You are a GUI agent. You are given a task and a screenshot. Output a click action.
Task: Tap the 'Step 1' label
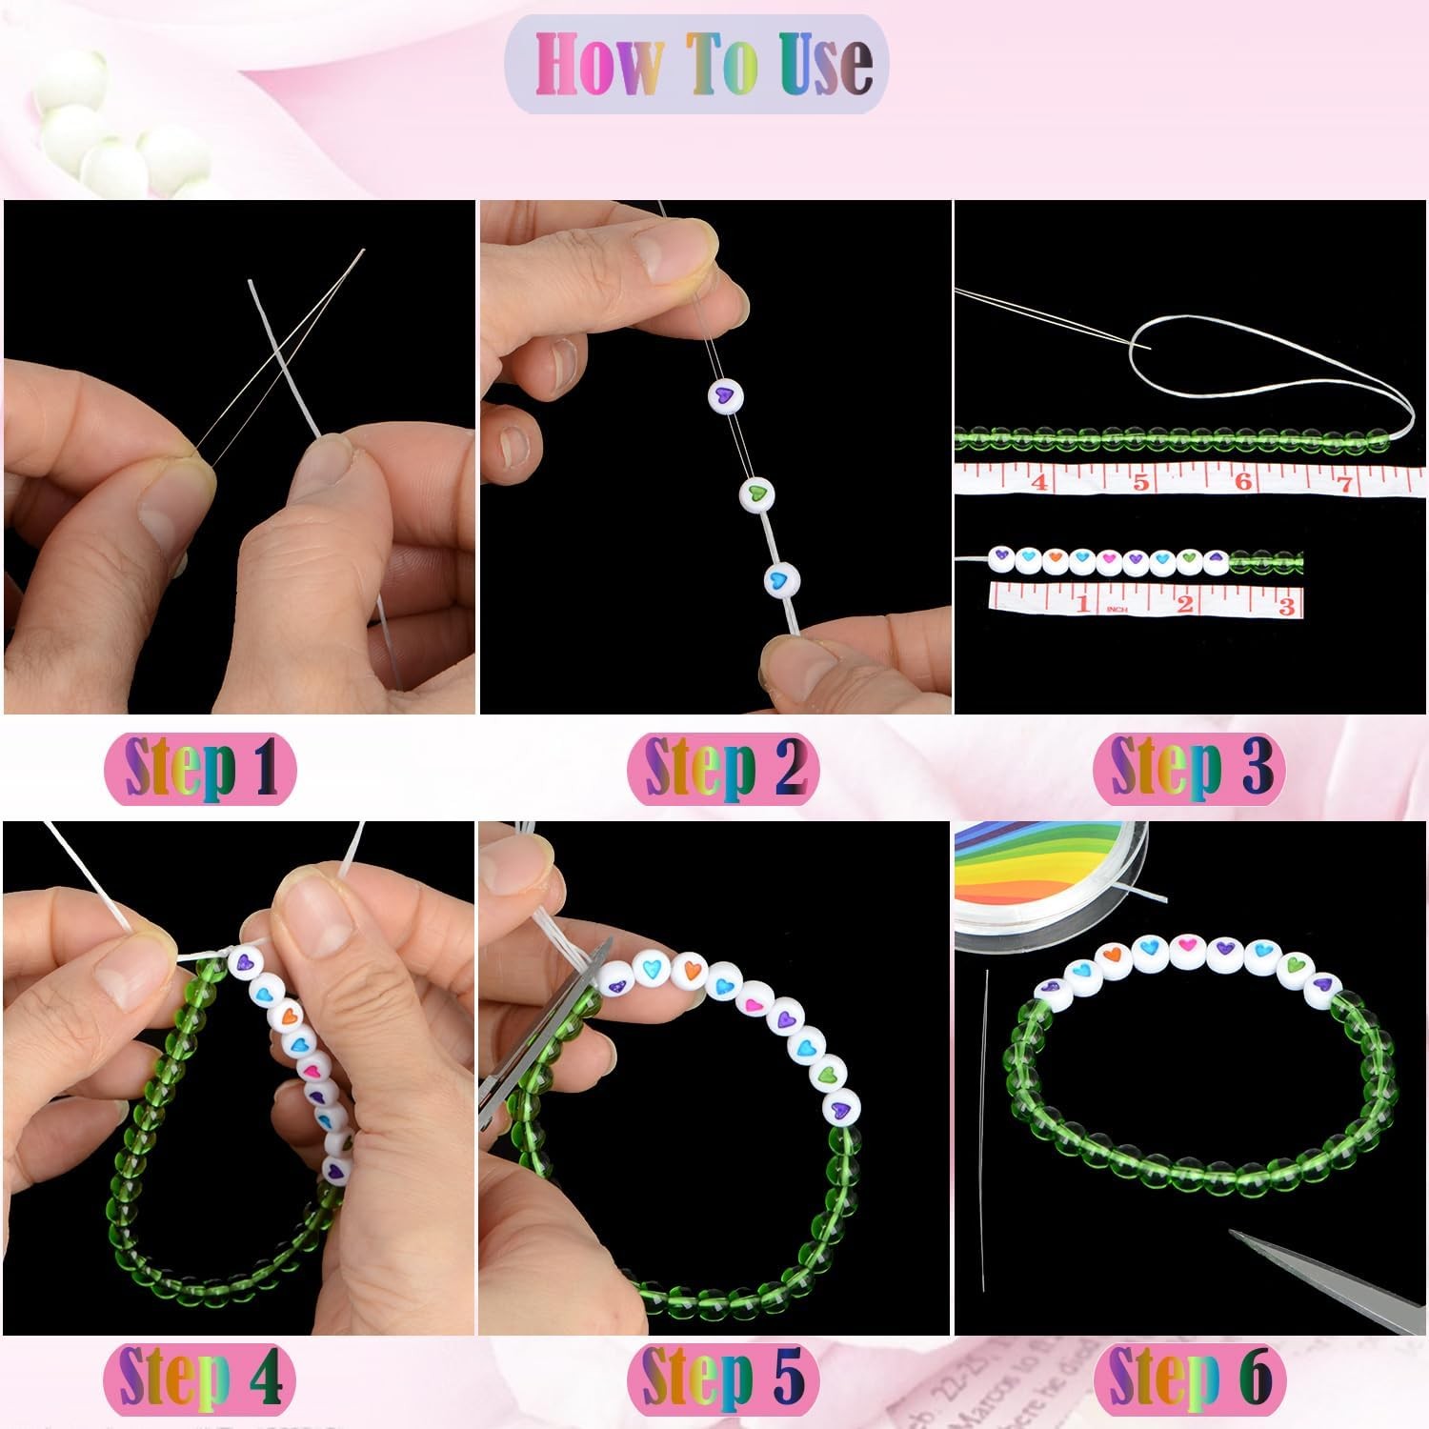pyautogui.click(x=200, y=768)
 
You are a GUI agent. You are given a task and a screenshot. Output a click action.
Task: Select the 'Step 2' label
pyautogui.click(x=724, y=768)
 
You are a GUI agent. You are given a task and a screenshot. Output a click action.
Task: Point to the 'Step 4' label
pyautogui.click(x=200, y=1378)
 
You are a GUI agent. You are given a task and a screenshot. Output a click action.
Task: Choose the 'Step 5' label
pyautogui.click(x=724, y=1378)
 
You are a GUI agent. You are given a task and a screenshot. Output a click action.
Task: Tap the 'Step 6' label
pyautogui.click(x=1190, y=1378)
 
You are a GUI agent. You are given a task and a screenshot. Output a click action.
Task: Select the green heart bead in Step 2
pyautogui.click(x=757, y=493)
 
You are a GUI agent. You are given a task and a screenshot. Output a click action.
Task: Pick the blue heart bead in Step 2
pyautogui.click(x=782, y=579)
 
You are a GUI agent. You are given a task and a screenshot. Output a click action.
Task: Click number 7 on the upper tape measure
pyautogui.click(x=1346, y=482)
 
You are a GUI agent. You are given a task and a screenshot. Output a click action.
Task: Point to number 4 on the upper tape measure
pyautogui.click(x=1040, y=482)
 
